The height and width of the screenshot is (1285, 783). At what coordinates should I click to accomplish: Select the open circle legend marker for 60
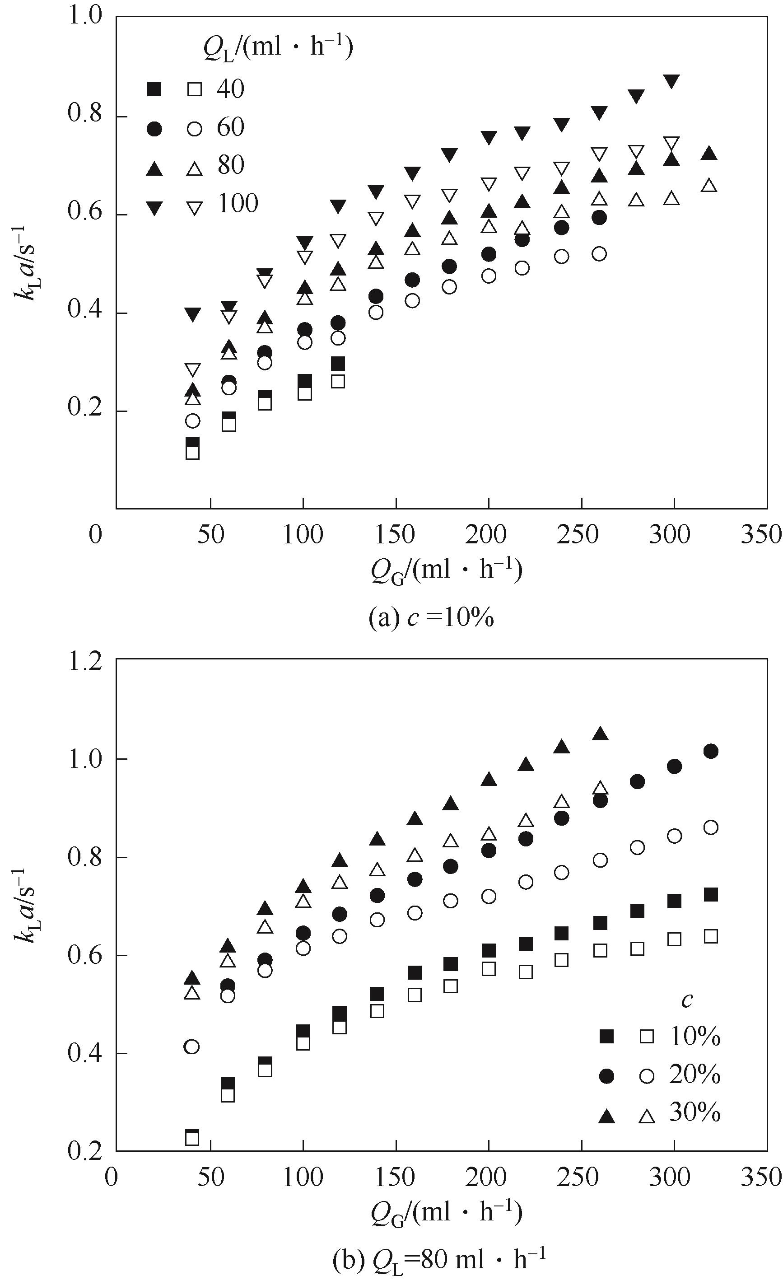195,128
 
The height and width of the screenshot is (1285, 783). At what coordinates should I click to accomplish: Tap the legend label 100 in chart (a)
238,204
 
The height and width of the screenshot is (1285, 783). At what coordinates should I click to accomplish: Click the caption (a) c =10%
431,618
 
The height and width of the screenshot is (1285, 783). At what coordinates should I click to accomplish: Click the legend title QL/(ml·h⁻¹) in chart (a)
278,49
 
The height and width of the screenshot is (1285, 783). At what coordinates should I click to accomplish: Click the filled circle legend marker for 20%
606,1075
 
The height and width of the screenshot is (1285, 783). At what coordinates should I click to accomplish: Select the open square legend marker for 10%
647,1036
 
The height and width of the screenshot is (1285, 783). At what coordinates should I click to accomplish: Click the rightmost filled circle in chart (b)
711,752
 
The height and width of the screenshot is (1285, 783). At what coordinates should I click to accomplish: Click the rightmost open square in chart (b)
711,937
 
